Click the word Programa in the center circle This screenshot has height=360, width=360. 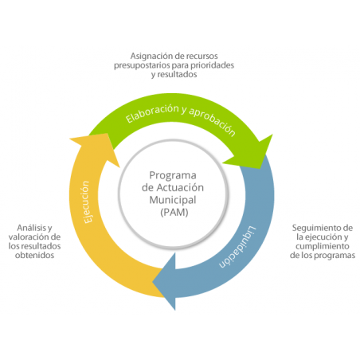tap(173, 175)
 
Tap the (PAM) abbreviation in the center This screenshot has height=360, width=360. tap(174, 212)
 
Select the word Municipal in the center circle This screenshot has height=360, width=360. tap(173, 200)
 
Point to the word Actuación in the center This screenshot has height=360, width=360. tap(180, 187)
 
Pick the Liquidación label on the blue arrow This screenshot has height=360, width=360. tap(238, 247)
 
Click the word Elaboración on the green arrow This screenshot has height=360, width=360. tap(152, 113)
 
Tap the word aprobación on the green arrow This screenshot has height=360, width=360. tap(213, 122)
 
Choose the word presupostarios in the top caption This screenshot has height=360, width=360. tap(142, 65)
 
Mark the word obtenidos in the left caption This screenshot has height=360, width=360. tap(34, 255)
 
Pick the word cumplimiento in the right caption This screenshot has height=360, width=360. tap(323, 246)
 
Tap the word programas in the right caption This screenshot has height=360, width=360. tap(333, 256)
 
